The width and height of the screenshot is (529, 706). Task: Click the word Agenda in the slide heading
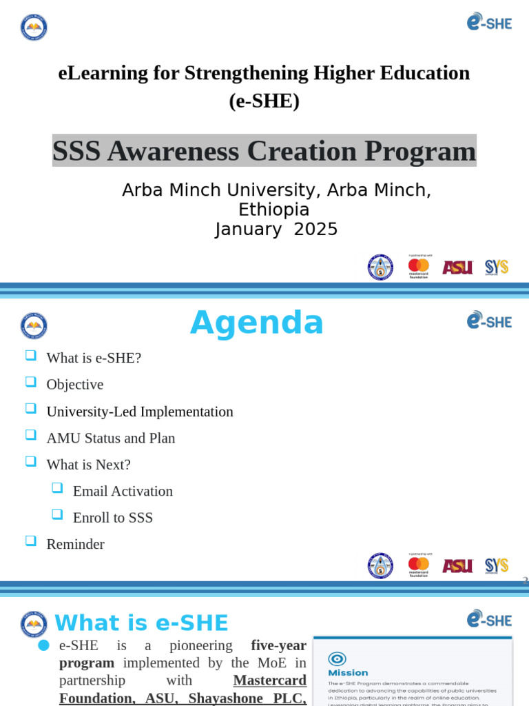[x=256, y=323]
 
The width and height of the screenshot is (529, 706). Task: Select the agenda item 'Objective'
[x=74, y=385]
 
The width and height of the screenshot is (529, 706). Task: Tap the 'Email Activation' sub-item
[x=123, y=491]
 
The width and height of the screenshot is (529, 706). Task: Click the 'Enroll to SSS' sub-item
[x=113, y=518]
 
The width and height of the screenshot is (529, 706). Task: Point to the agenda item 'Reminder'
[x=75, y=544]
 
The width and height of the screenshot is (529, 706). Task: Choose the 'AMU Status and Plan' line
[x=110, y=438]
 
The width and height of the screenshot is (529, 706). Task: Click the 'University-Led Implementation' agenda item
[x=139, y=412]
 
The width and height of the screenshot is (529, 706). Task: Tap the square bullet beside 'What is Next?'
[x=30, y=461]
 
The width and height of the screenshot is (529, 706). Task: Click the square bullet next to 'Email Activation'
[x=57, y=487]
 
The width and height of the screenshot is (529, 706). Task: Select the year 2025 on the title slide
[x=315, y=230]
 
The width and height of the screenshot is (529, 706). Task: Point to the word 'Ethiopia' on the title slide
[x=273, y=210]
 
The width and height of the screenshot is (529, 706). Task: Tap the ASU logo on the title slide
[x=457, y=268]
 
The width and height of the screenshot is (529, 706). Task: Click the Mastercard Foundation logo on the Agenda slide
[x=419, y=565]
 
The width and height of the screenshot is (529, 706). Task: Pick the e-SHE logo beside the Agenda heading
[x=489, y=321]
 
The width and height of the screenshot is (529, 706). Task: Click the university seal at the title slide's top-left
[x=34, y=27]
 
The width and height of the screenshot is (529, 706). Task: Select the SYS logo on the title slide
[x=497, y=268]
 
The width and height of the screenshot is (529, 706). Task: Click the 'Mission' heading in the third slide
[x=348, y=673]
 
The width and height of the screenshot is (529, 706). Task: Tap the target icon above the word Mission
[x=337, y=658]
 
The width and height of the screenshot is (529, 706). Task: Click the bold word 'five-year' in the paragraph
[x=278, y=645]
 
